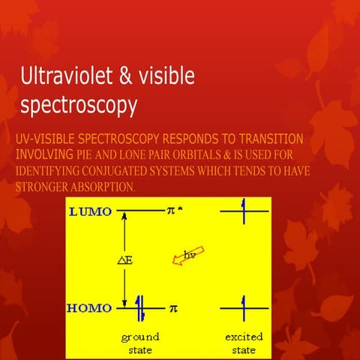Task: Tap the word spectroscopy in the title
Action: (x=79, y=106)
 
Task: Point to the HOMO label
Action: (x=89, y=307)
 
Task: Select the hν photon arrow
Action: (x=190, y=256)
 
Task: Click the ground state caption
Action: (x=140, y=343)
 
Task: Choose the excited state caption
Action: (x=244, y=343)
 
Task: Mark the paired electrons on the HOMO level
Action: (x=141, y=307)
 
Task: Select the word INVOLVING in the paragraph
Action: (x=43, y=154)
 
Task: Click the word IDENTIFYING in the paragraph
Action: (x=49, y=170)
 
